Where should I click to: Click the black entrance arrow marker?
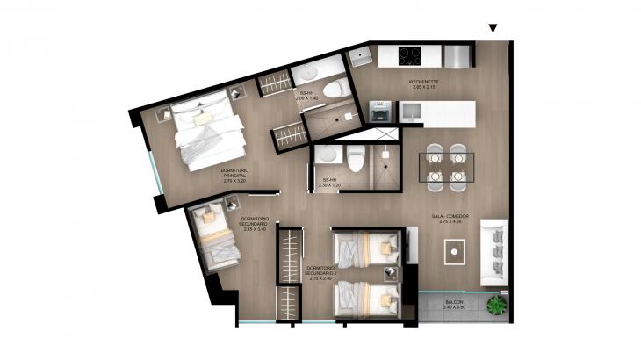[493, 29]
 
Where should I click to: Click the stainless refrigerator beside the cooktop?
[458, 56]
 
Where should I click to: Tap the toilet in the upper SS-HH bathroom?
[334, 88]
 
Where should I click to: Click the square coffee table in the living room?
[454, 251]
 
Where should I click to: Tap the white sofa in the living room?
[496, 252]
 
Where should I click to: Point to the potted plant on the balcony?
[497, 306]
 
